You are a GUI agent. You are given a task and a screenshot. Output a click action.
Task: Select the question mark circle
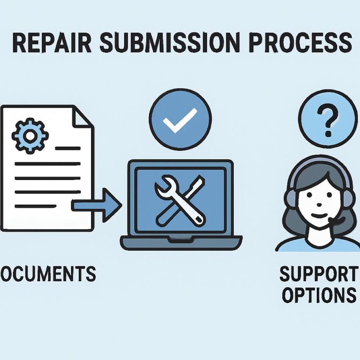tap(327, 119)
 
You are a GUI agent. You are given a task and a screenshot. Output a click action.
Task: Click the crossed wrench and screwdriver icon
tap(180, 199)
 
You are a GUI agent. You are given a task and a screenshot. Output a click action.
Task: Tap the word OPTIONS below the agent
tap(319, 295)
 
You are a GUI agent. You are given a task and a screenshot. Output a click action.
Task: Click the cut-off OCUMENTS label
tap(47, 274)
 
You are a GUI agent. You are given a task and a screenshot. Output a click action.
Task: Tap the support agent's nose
tap(319, 205)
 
